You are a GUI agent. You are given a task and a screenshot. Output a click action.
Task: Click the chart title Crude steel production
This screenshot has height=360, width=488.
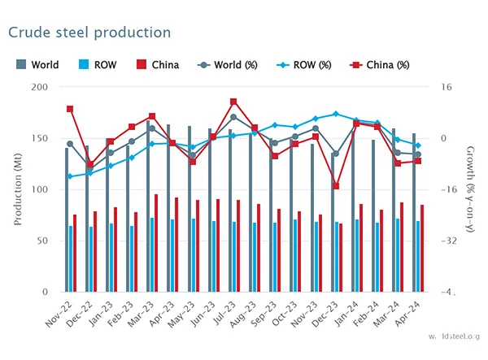pyautogui.click(x=89, y=33)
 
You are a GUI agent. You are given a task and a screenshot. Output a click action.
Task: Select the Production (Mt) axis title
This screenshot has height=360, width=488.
pyautogui.click(x=18, y=189)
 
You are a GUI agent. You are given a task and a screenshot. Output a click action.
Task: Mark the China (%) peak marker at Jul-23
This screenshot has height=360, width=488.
pyautogui.click(x=233, y=102)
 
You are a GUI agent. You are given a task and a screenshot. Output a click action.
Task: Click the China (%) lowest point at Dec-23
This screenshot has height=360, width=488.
pyautogui.click(x=336, y=186)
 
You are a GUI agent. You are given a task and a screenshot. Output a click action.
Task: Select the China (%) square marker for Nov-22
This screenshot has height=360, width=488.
pyautogui.click(x=70, y=109)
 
